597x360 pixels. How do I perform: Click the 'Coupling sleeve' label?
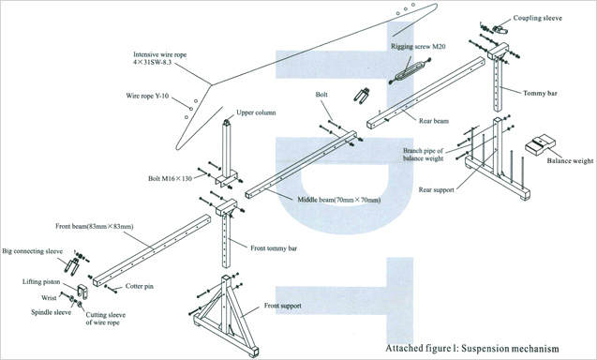tap(537, 18)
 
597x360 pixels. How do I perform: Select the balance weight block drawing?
tap(540, 144)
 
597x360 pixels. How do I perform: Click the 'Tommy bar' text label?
tap(540, 93)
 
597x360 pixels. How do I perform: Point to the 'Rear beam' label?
tap(434, 121)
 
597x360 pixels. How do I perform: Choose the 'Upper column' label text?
tap(256, 112)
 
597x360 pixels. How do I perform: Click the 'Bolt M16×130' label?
tap(170, 178)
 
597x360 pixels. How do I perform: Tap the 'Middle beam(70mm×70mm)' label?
tap(339, 200)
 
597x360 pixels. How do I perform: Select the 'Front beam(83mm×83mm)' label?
tap(95, 226)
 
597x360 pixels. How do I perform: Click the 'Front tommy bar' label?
tap(274, 248)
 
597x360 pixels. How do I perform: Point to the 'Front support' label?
tap(282, 306)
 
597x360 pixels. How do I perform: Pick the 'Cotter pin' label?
tap(140, 286)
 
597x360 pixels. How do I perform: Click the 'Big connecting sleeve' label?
tap(33, 251)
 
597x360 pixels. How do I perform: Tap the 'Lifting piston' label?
tap(41, 282)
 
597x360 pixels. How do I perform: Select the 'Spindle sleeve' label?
tap(51, 312)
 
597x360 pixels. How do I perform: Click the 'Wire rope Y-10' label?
tap(147, 96)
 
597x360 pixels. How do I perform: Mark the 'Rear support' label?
tap(437, 189)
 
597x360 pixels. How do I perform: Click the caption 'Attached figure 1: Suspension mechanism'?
tap(472, 348)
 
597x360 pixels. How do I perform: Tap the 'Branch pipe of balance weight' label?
tap(424, 155)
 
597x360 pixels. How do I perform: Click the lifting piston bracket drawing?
tap(82, 292)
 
